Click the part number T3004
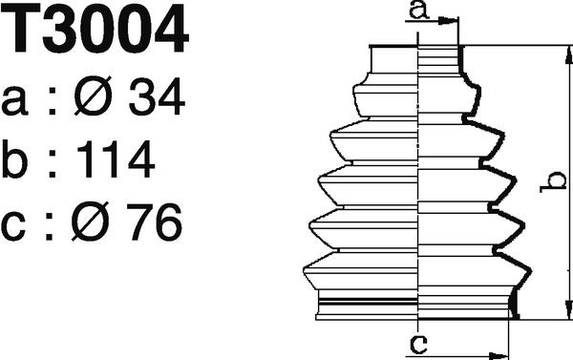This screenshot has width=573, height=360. click(94, 28)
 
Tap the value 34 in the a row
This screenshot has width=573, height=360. click(157, 96)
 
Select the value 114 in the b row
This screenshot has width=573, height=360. click(116, 159)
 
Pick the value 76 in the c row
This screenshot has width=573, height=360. click(155, 222)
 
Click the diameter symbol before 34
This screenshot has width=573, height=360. click(93, 96)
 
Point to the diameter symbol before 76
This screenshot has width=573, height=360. click(91, 222)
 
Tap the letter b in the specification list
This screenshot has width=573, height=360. click(14, 159)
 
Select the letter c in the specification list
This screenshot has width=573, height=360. click(13, 226)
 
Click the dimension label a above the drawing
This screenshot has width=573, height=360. click(418, 10)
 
